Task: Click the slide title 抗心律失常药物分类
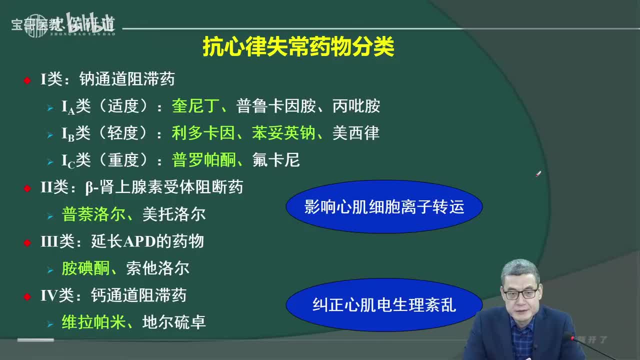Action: point(298,47)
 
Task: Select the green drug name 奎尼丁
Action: point(192,106)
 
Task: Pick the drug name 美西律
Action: point(356,133)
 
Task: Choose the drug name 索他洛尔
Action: point(158,268)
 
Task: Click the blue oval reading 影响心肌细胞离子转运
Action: point(384,206)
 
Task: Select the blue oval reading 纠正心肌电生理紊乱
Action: point(384,304)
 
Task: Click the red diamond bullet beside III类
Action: point(27,242)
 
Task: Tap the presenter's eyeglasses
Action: point(520,293)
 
